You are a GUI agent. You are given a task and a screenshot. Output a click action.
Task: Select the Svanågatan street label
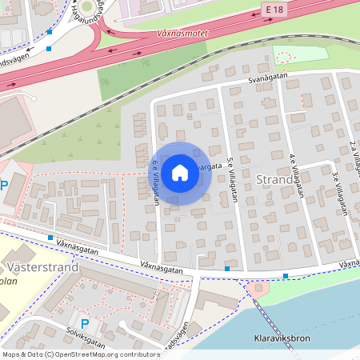267,78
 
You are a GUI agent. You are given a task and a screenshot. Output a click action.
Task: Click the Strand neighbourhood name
275,179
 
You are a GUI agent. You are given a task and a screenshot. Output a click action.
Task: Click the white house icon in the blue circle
180,172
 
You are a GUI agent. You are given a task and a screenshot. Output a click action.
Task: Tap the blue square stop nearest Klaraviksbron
286,276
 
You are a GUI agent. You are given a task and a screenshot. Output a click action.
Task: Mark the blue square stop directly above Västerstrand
50,238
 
